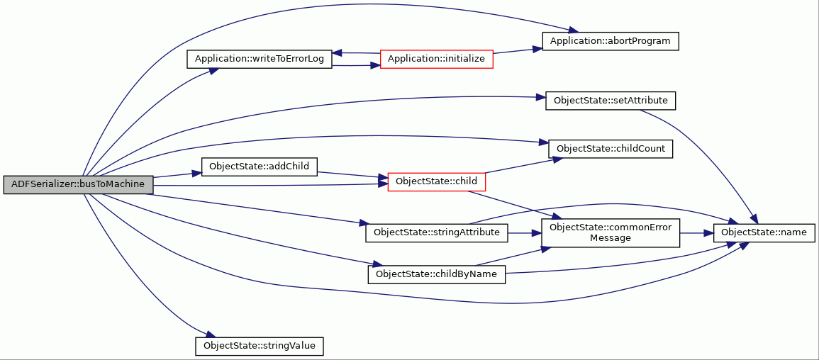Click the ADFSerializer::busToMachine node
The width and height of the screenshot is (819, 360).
pyautogui.click(x=78, y=185)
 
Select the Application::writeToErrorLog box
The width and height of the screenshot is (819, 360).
pyautogui.click(x=260, y=59)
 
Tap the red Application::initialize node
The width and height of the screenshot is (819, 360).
pyautogui.click(x=437, y=59)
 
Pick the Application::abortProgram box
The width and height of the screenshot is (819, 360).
pyautogui.click(x=611, y=41)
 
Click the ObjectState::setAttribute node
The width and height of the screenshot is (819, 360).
pyautogui.click(x=611, y=100)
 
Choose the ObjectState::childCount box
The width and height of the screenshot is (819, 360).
pyautogui.click(x=611, y=149)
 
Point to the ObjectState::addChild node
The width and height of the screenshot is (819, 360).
pyautogui.click(x=260, y=167)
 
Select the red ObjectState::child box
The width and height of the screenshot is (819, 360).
pyautogui.click(x=437, y=181)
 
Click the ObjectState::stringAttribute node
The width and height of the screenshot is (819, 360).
pyautogui.click(x=437, y=232)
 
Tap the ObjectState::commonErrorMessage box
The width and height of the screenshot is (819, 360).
pyautogui.click(x=611, y=232)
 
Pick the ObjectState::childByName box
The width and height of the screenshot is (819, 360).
pyautogui.click(x=437, y=274)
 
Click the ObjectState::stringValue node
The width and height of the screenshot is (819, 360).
pyautogui.click(x=260, y=347)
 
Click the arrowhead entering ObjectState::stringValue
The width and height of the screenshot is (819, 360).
pyautogui.click(x=209, y=336)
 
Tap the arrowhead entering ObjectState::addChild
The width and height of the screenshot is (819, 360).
pyautogui.click(x=197, y=173)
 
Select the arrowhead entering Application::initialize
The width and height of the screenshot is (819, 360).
pyautogui.click(x=376, y=67)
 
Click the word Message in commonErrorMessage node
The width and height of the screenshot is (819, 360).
pyautogui.click(x=610, y=238)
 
